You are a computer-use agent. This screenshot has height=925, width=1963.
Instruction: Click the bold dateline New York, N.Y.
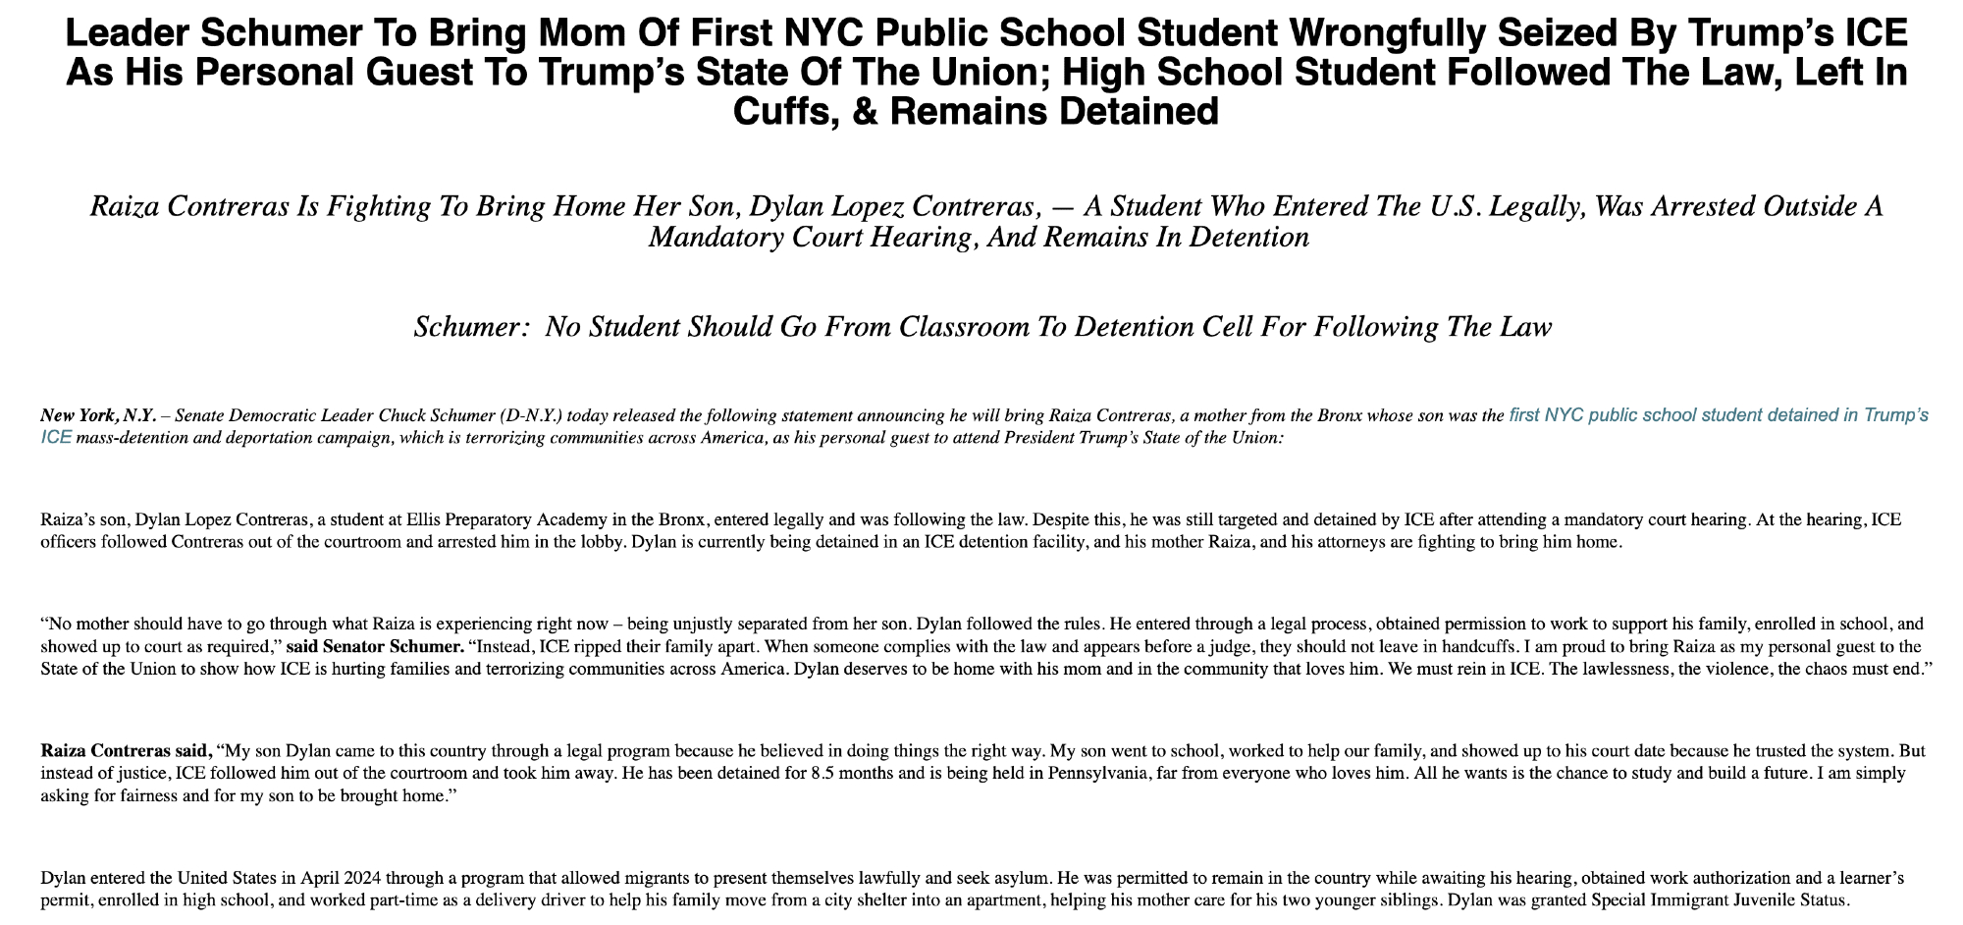click(x=98, y=415)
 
